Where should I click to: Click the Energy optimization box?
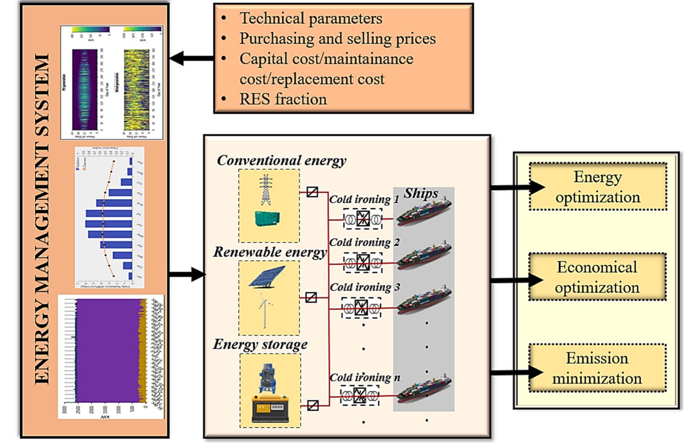point(597,187)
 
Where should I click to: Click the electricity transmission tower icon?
point(266,190)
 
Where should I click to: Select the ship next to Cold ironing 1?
point(424,212)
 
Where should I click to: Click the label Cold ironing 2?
point(364,242)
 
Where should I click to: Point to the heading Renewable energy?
point(270,252)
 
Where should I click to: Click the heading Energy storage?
point(260,344)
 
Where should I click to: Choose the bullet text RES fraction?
point(283,99)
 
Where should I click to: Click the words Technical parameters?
point(311,18)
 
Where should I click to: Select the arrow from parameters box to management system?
point(191,58)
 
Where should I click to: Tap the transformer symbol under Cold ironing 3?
point(362,308)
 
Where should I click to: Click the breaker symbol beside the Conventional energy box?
point(312,192)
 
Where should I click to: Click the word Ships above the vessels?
point(420,193)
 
